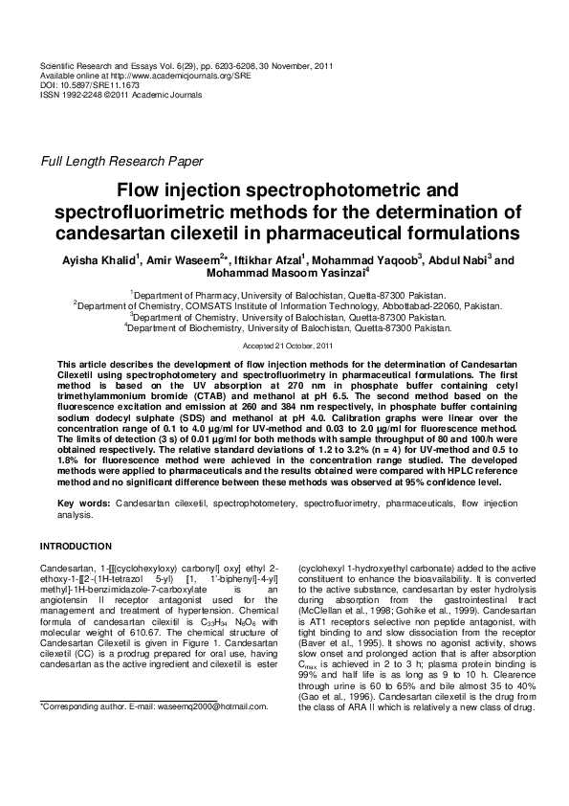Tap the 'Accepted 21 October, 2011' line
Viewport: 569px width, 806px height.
[285, 344]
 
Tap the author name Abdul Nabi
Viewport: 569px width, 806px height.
[455, 260]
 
